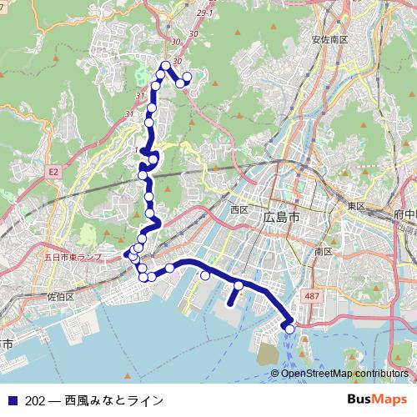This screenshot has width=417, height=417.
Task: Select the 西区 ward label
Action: click(x=240, y=208)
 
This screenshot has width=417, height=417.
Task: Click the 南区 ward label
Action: click(x=324, y=250)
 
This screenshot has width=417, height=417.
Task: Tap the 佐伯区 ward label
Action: click(x=61, y=296)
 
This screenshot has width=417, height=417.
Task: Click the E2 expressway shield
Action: click(x=53, y=171)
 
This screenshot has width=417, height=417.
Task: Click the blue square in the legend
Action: click(x=12, y=399)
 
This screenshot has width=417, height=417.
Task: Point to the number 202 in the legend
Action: click(x=35, y=399)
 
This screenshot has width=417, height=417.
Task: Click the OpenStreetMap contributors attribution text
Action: click(x=344, y=374)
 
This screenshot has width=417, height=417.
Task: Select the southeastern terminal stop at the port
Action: click(x=290, y=329)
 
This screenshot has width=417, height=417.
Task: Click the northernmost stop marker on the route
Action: click(x=166, y=65)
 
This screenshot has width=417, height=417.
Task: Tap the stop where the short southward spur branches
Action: click(x=239, y=285)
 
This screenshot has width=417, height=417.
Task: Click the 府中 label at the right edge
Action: click(x=406, y=214)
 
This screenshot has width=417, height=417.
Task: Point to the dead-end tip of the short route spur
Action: click(x=229, y=305)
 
